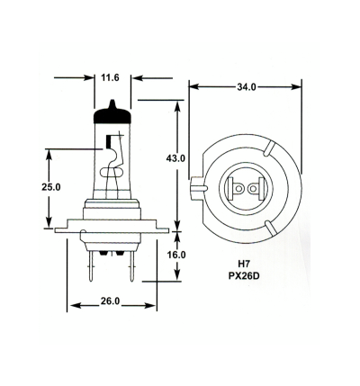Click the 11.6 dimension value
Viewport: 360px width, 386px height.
110,78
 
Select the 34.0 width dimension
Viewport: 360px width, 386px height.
247,87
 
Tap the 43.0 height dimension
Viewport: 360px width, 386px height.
175,158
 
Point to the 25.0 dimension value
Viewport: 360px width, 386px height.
51,187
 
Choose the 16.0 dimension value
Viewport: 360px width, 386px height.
176,255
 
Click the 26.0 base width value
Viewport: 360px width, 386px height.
110,301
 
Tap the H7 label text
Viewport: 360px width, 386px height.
244,264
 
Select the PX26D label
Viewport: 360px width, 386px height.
244,276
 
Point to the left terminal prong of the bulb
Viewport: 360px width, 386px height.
91,265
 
